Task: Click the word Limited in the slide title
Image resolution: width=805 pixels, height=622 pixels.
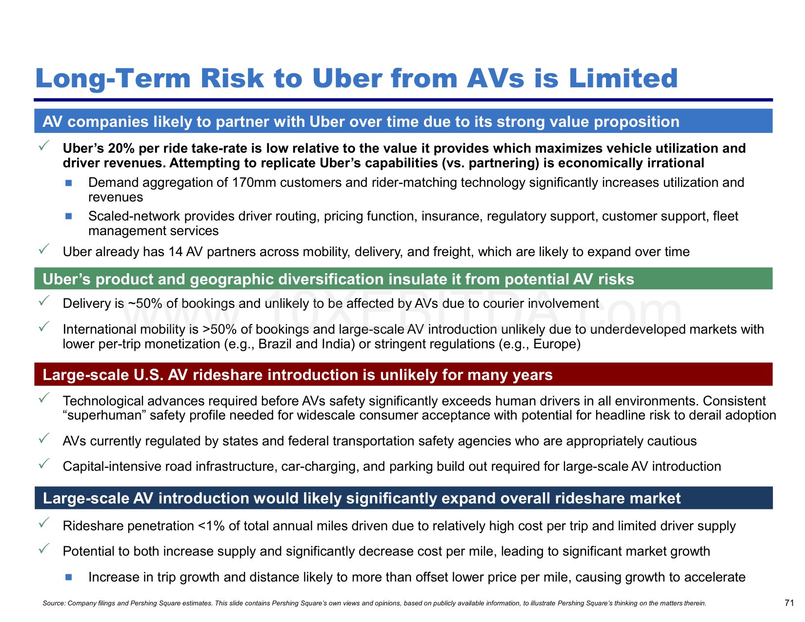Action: tap(623, 78)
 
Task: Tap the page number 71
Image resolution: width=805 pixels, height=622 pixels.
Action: tap(789, 602)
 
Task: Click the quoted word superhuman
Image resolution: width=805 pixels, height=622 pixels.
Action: tap(102, 415)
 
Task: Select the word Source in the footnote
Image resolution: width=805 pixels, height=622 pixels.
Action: tap(53, 603)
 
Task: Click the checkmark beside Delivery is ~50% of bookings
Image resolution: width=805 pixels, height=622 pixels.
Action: tap(44, 301)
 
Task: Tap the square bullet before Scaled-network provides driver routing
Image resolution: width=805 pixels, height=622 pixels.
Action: tap(68, 216)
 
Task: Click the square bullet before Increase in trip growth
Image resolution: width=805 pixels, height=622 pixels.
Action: tap(68, 577)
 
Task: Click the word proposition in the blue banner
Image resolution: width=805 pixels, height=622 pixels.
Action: tap(637, 122)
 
